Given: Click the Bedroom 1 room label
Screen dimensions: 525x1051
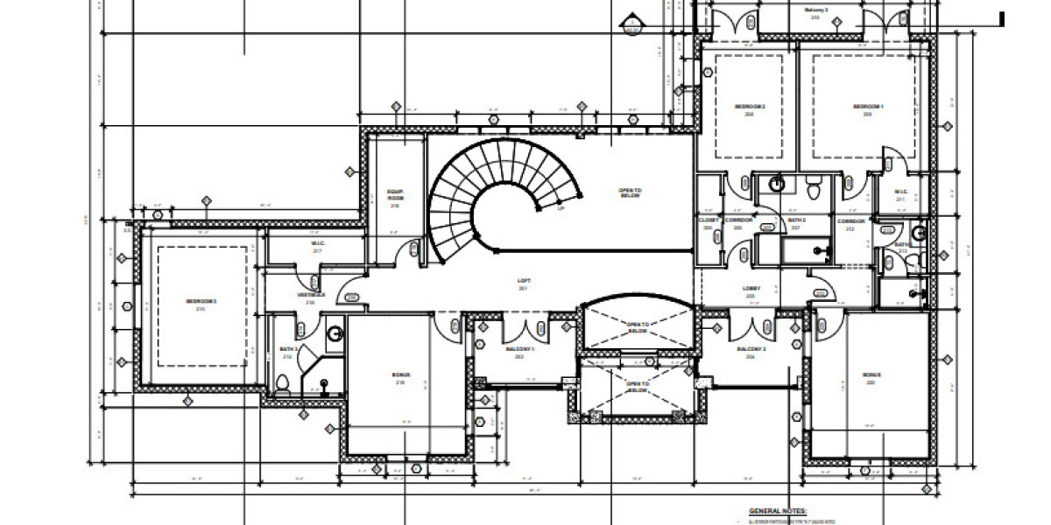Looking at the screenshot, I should (x=867, y=109).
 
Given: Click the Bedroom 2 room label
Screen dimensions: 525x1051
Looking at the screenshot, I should (x=750, y=109).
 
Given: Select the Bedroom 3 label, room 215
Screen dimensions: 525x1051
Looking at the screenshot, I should (x=201, y=305).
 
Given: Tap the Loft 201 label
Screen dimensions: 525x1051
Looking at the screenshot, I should (x=524, y=283).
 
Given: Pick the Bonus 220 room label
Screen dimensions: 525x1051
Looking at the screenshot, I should (x=872, y=377).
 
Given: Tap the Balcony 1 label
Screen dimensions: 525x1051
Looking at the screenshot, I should (x=525, y=353).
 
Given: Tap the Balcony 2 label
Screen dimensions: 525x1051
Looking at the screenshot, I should (x=751, y=353).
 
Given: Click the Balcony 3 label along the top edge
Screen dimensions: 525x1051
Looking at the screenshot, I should (x=815, y=13).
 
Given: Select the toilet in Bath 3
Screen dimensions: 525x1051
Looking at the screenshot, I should (x=282, y=382).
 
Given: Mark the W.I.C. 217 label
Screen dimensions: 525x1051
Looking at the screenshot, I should (x=318, y=247).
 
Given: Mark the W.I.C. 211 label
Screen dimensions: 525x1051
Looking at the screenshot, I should (x=899, y=195).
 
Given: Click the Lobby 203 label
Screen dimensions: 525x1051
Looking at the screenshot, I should (x=751, y=291).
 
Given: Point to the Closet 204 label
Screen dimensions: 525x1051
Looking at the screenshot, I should (x=709, y=224).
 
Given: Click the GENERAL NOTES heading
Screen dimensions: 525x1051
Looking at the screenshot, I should (x=778, y=510).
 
